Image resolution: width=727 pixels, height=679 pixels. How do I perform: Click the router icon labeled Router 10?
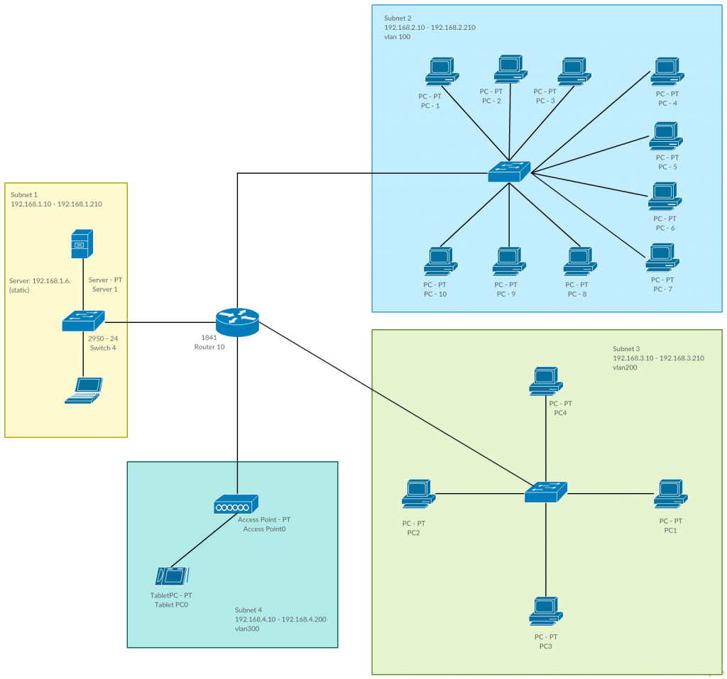pos(238,322)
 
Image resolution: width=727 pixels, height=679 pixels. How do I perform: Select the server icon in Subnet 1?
pos(83,245)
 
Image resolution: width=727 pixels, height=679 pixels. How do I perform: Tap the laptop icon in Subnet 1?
pos(84,390)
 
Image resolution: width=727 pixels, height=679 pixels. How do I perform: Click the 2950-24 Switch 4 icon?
pos(83,321)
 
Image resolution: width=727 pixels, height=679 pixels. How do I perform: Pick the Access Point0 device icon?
pos(236,504)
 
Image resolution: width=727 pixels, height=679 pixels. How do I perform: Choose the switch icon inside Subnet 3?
pos(546,492)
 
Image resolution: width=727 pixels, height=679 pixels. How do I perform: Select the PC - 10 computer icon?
pos(440,261)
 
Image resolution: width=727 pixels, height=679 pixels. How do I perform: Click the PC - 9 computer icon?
pos(509,261)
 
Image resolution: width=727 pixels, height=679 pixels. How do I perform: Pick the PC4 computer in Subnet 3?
pos(545,381)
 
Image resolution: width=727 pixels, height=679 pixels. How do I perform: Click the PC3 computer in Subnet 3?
pos(545,612)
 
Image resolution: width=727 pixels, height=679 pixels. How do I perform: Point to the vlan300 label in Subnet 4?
pos(247,629)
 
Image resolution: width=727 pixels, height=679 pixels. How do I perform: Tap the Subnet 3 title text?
pos(626,349)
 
